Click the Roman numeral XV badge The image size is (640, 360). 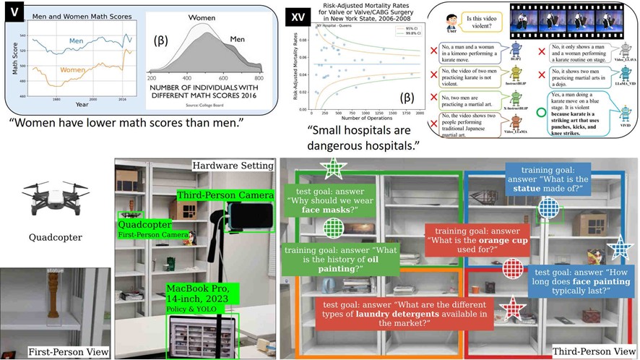click(295, 15)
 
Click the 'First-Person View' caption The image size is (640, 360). click(69, 352)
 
